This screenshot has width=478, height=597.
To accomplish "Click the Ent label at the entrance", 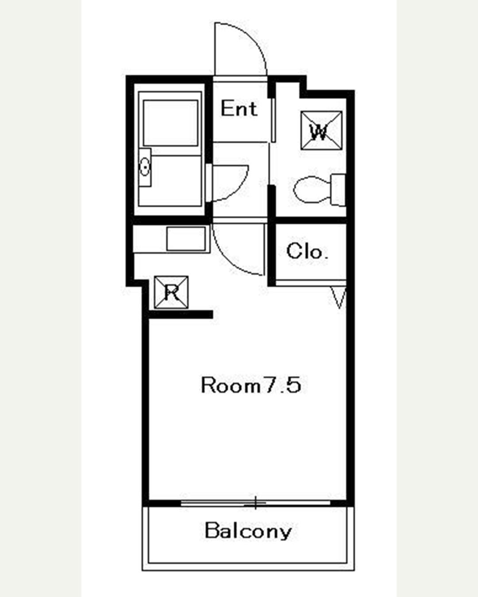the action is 239,109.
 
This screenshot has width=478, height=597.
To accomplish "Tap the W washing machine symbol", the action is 322,130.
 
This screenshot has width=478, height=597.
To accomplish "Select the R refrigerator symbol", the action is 171,292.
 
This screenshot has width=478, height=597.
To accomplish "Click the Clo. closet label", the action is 307,251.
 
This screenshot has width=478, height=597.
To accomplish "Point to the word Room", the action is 231,385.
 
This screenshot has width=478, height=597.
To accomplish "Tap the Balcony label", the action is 248,531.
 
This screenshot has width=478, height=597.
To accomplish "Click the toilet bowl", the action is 312,190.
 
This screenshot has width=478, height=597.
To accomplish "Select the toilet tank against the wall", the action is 339,190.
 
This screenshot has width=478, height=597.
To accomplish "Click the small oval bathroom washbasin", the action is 144,168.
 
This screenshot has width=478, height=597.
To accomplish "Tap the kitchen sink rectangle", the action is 186,238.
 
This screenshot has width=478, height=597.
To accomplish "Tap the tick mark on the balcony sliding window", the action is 255,503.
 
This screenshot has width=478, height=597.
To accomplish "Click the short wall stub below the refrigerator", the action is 181,314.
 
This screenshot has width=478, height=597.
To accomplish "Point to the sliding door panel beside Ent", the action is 274,120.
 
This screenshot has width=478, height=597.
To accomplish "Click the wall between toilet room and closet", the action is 311,221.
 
